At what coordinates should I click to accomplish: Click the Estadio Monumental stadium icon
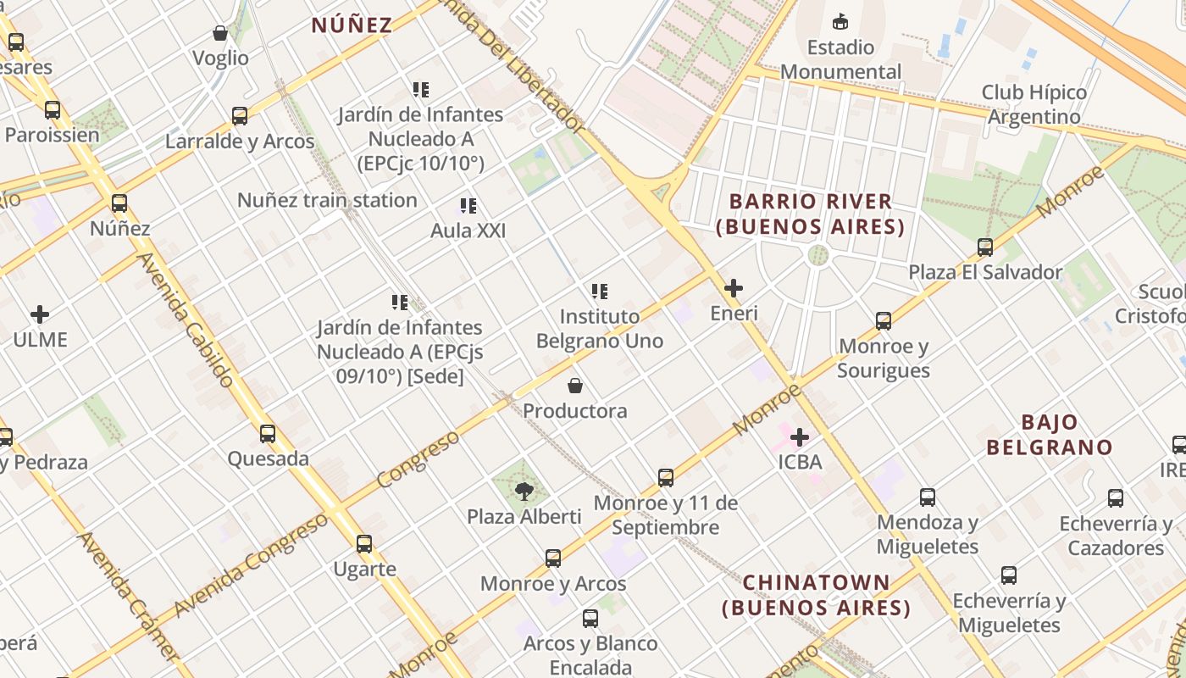click(840, 21)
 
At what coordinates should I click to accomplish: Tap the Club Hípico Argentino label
click(1034, 104)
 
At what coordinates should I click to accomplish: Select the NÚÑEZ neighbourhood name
click(352, 25)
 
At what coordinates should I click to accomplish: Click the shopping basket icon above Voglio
click(220, 33)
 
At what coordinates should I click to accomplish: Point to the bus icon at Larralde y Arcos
click(240, 116)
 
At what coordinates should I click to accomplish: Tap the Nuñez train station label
click(327, 201)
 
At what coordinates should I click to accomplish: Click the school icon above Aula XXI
click(468, 205)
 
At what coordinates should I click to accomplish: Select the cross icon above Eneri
click(734, 288)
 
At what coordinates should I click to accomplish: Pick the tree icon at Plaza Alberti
click(524, 491)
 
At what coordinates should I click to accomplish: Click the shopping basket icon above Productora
click(575, 386)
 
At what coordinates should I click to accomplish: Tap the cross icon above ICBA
click(799, 437)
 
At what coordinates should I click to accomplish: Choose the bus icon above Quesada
click(268, 434)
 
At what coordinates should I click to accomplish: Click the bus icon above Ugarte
click(364, 543)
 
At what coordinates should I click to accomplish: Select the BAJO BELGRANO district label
click(1050, 435)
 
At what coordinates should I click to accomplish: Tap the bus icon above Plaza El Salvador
click(985, 247)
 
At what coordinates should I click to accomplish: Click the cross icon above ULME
click(40, 314)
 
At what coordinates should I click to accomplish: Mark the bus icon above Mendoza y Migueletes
click(928, 497)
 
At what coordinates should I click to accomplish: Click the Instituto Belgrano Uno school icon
click(600, 292)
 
